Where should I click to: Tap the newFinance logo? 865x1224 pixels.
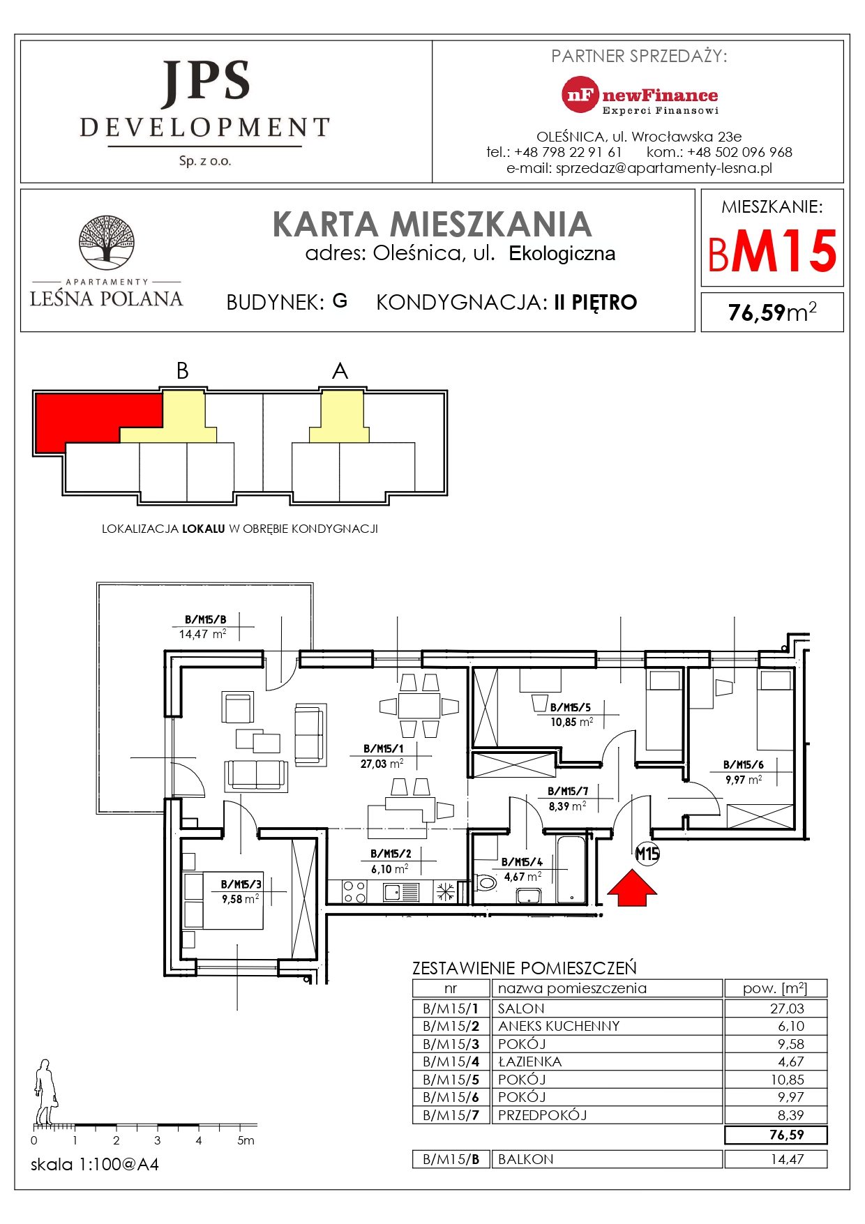click(x=640, y=96)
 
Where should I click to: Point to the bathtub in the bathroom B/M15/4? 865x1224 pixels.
click(x=572, y=869)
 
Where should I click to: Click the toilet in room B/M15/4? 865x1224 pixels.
click(x=486, y=883)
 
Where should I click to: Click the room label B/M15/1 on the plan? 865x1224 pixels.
click(x=383, y=748)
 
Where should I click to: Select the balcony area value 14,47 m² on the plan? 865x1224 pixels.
click(x=202, y=634)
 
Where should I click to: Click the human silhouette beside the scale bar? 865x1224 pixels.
click(x=45, y=1091)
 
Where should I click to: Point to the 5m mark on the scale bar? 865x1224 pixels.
click(x=246, y=1141)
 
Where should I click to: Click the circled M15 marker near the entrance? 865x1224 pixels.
click(x=647, y=853)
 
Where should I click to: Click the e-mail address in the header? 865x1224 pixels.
click(x=639, y=168)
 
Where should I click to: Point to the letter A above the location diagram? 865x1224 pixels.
click(x=340, y=371)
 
